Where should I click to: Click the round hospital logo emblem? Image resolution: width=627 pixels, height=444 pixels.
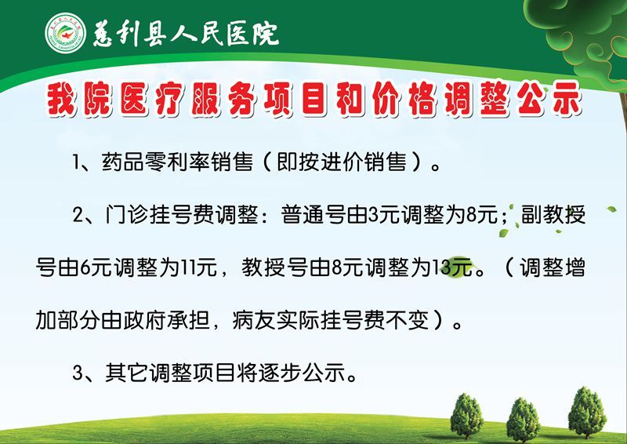(65, 33)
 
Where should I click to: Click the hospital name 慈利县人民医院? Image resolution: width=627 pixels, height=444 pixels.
(186, 32)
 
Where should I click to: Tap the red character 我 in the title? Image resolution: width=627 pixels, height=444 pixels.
(62, 100)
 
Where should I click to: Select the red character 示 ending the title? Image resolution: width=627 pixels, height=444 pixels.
(566, 99)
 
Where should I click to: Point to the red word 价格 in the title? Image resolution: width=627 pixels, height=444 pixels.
(404, 100)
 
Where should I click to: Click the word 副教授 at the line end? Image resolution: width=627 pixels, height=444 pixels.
(553, 215)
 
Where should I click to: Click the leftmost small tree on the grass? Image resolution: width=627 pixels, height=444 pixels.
(466, 416)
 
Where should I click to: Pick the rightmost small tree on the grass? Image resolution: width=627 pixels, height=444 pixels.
(587, 413)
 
